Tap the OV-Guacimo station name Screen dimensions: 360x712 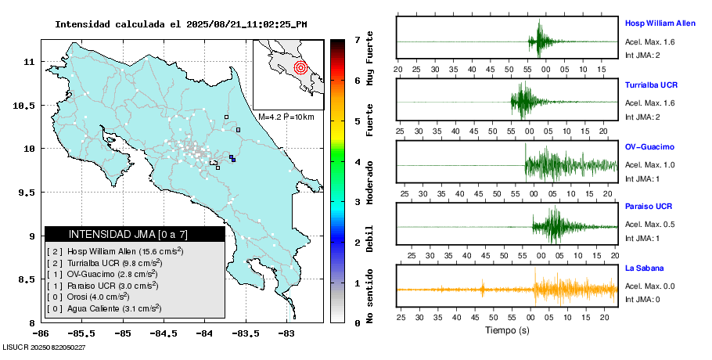[649, 146]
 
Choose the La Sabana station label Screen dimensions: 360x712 [642, 268]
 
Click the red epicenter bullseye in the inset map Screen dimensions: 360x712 [300, 67]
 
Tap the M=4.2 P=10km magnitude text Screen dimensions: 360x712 [286, 117]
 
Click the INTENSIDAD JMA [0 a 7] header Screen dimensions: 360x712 [135, 234]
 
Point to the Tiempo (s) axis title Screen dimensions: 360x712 [507, 331]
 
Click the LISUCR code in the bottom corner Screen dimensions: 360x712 [44, 346]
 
